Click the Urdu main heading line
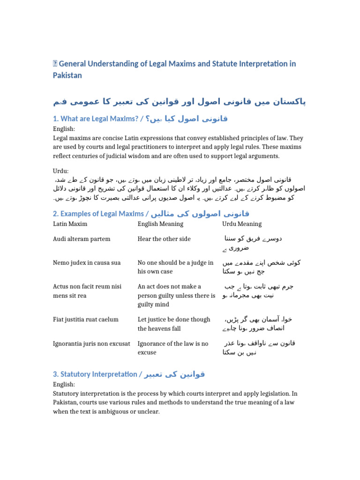point(180,101)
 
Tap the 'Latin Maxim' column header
point(70,224)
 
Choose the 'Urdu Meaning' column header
point(242,224)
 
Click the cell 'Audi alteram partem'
point(82,239)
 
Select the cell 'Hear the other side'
point(164,239)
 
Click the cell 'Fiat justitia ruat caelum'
point(86,319)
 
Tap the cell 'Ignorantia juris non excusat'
point(91,344)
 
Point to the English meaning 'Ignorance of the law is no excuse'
point(173,348)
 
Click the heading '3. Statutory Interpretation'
point(97,374)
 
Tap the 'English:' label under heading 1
point(64,129)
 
